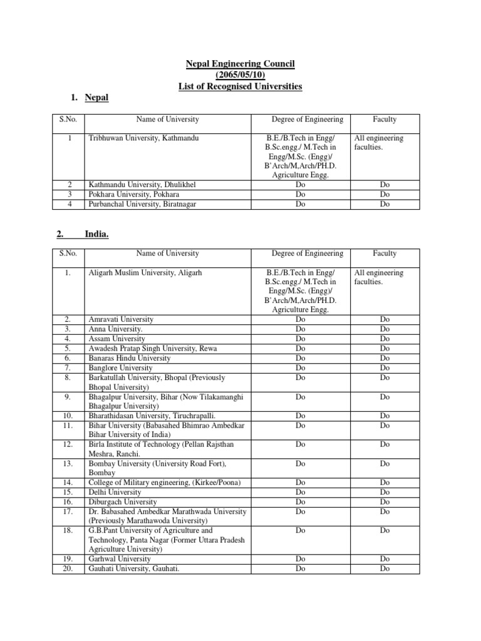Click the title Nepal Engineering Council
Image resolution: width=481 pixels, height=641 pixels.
coord(240,64)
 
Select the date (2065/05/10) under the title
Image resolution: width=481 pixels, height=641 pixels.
coord(240,75)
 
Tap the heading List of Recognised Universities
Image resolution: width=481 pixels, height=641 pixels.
coord(240,86)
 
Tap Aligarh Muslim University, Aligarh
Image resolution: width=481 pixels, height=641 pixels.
coord(145,273)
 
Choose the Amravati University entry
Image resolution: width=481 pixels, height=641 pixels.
coord(121,319)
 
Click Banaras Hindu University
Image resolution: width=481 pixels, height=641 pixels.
coord(130,358)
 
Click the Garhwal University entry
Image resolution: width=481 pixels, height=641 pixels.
coord(120,558)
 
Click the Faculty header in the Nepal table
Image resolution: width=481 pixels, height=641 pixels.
coord(385,119)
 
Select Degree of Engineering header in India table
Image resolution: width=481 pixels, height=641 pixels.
coord(307,254)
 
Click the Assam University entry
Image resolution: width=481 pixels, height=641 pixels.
coord(116,339)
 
